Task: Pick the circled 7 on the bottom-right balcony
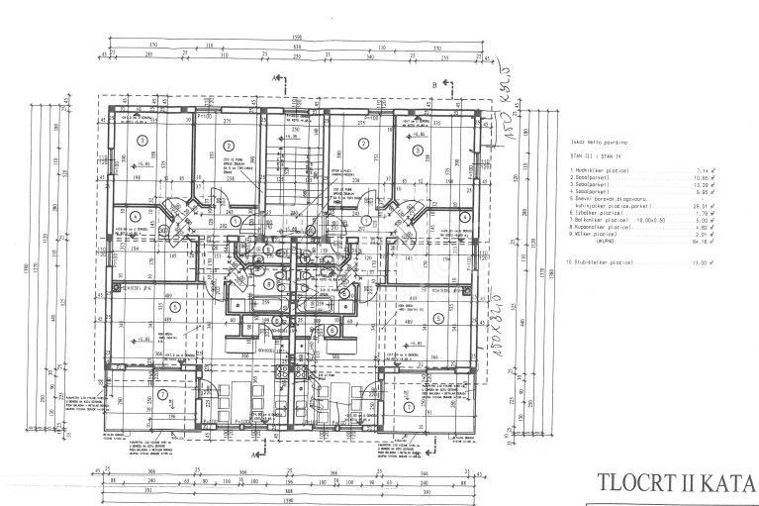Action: click(409, 406)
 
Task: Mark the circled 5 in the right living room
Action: click(436, 319)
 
